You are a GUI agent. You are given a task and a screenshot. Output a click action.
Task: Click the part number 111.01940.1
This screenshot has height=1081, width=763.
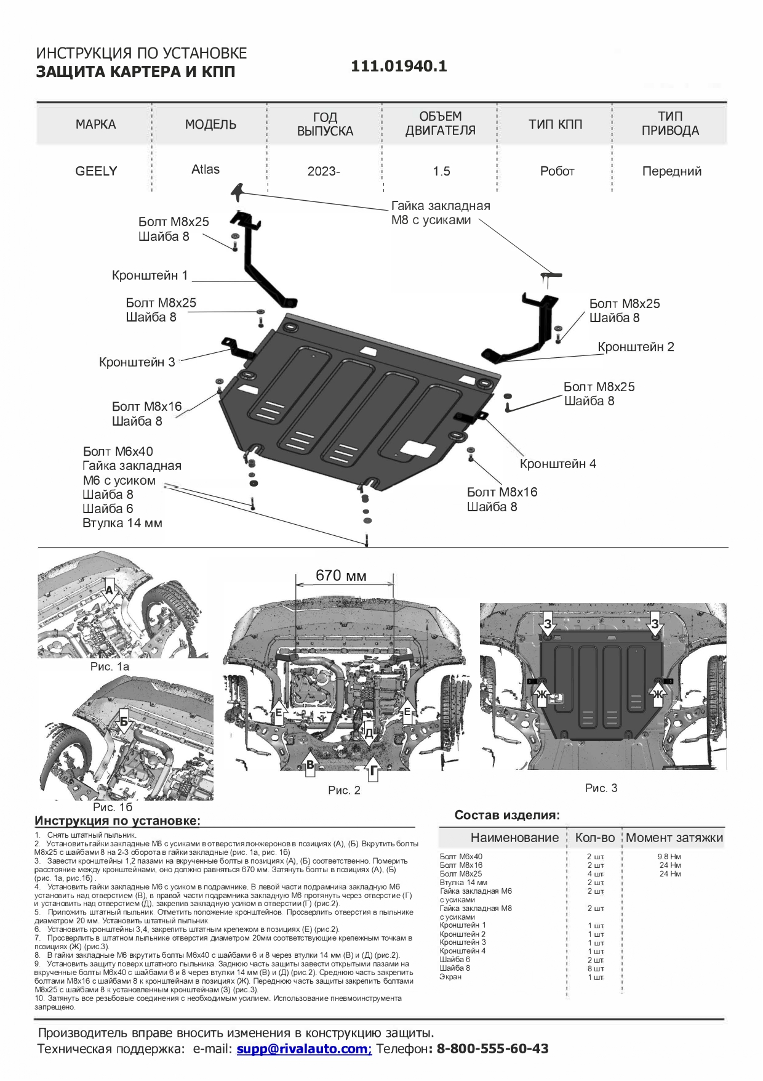click(399, 67)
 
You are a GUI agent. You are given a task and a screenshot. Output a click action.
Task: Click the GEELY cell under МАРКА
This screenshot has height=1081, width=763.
click(96, 171)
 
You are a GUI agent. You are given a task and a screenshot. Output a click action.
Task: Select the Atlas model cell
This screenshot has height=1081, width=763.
click(206, 169)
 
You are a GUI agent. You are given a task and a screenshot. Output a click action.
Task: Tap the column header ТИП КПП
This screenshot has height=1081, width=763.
click(555, 124)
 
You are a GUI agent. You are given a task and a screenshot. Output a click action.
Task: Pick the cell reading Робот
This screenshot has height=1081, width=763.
click(557, 171)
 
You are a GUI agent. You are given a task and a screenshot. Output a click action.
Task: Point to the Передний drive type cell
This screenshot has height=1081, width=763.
click(671, 171)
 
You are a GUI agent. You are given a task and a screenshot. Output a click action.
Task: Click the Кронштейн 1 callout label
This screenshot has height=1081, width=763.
click(150, 275)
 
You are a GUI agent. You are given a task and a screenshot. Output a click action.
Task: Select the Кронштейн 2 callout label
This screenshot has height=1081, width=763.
click(636, 347)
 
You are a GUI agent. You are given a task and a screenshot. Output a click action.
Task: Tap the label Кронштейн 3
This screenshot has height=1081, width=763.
click(137, 362)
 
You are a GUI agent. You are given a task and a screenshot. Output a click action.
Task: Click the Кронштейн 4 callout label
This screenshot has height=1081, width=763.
click(557, 464)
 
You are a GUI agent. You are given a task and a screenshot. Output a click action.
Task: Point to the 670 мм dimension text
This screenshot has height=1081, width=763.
click(341, 575)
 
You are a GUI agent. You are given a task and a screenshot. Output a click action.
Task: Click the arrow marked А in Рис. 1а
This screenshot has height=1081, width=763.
click(110, 593)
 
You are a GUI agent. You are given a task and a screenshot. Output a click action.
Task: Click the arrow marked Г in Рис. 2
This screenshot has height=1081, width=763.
click(373, 771)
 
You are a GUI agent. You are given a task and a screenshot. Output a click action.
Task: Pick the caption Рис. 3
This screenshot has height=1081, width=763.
click(601, 788)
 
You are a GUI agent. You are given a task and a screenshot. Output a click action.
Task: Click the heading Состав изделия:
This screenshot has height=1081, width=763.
click(507, 815)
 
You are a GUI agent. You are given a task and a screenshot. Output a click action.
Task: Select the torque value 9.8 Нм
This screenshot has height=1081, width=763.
click(669, 856)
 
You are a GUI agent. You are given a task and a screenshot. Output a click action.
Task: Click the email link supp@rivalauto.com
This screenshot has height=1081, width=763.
click(304, 1048)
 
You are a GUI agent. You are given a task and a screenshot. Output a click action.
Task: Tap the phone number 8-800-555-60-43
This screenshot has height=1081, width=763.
click(492, 1048)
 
